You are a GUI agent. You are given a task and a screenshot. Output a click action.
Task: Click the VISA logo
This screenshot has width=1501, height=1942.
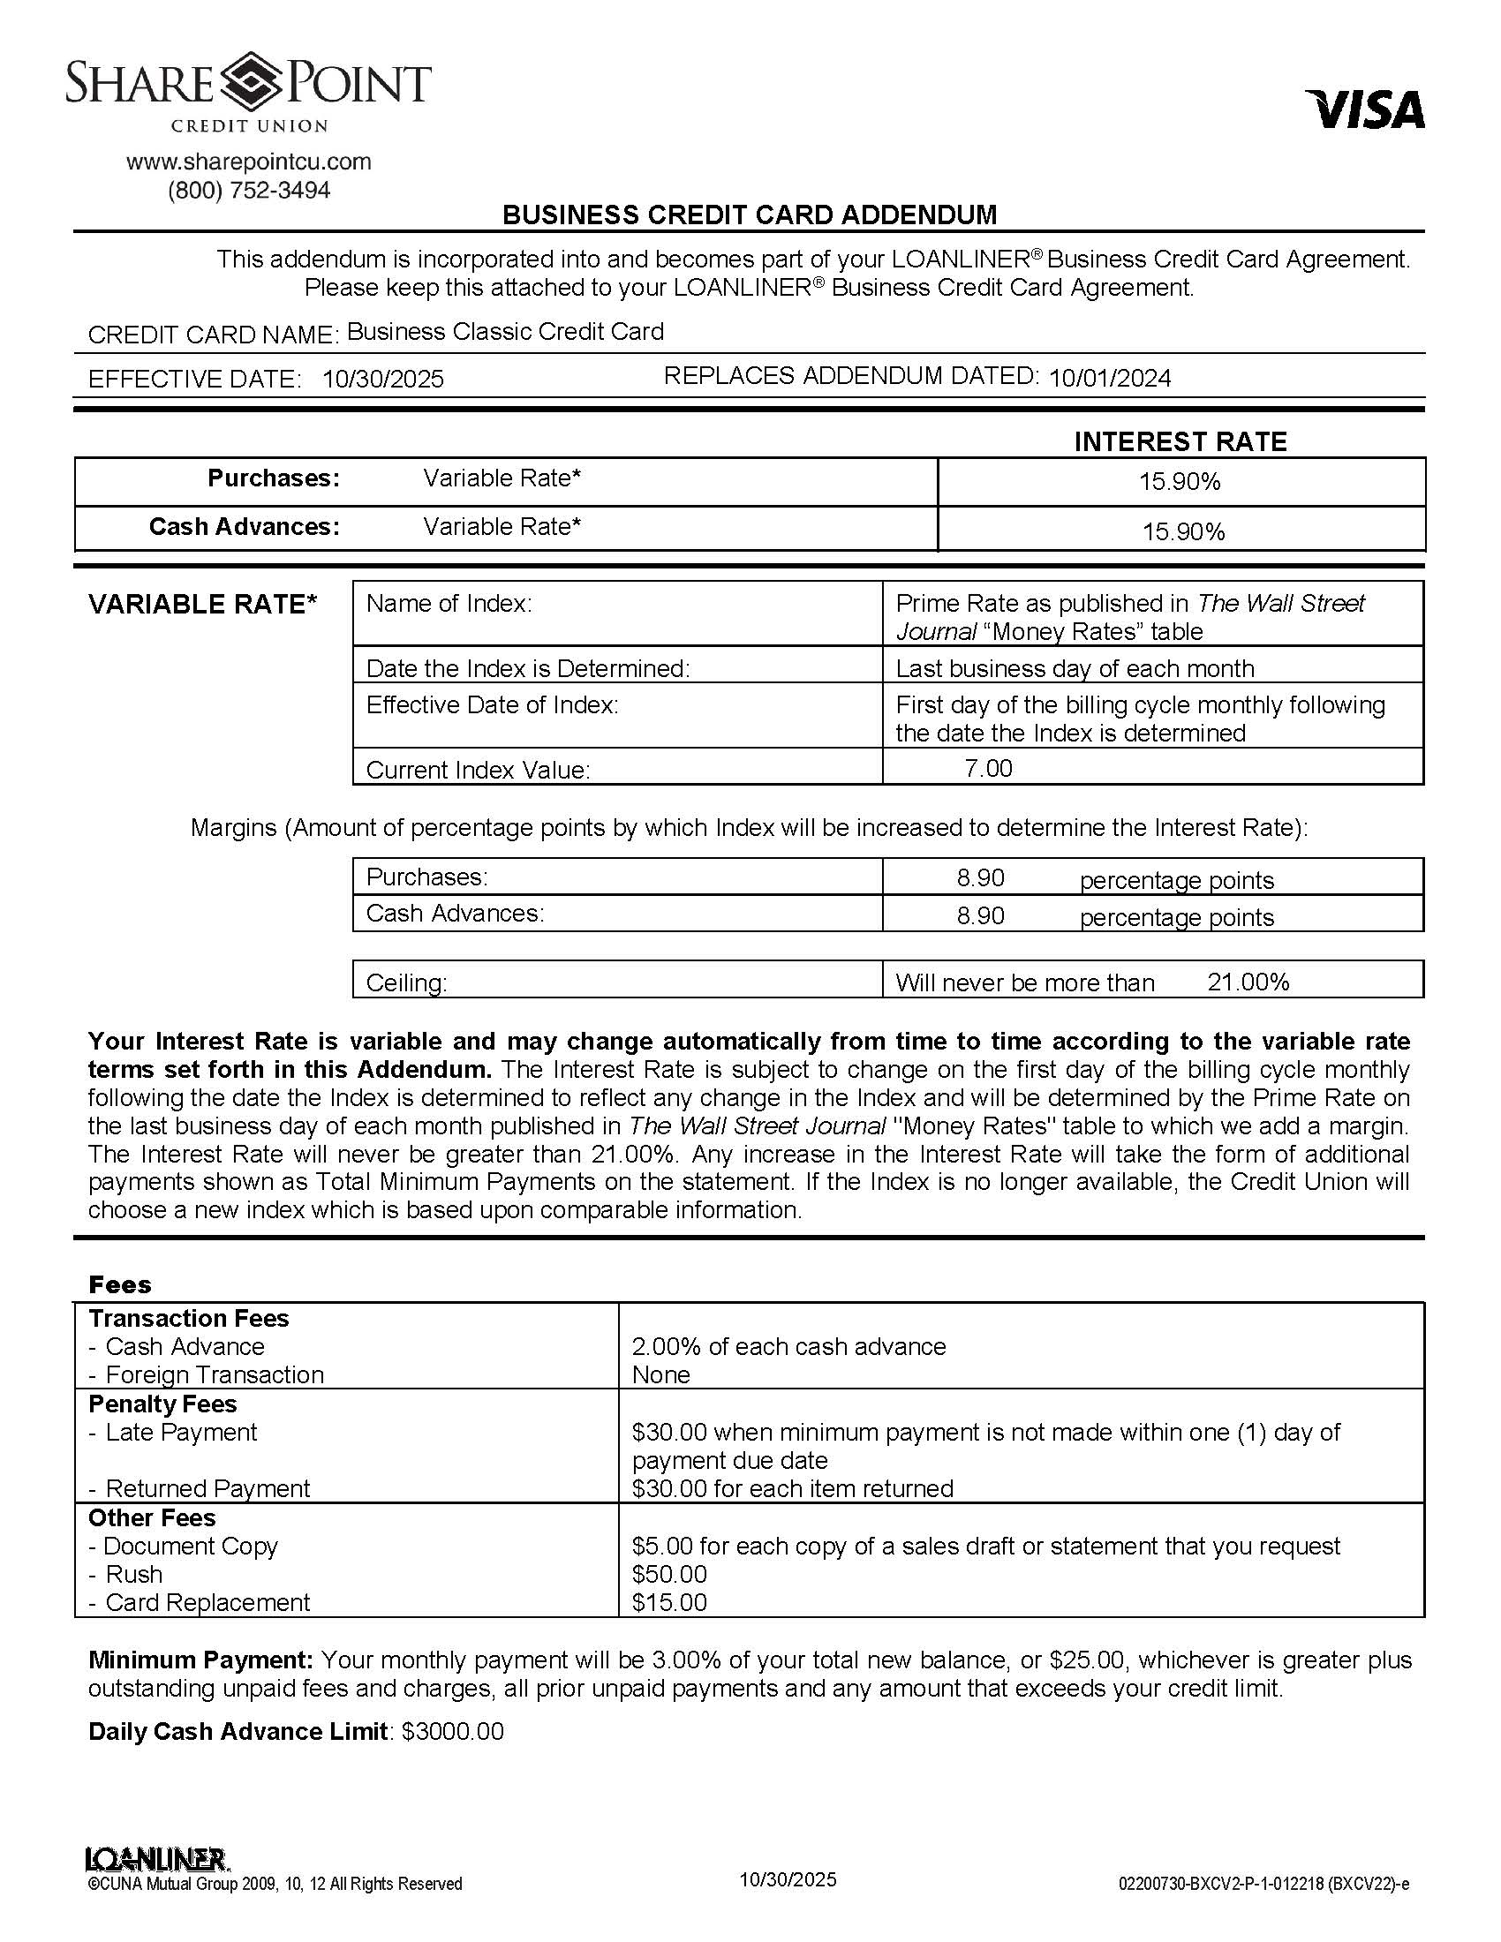[1364, 109]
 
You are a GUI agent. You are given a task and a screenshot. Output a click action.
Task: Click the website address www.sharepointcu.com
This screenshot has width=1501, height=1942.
[248, 162]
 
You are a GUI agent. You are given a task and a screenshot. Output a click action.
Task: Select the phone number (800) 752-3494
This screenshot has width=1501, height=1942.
[248, 191]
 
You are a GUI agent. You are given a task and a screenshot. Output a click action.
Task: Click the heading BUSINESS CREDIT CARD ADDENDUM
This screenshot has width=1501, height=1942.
[750, 215]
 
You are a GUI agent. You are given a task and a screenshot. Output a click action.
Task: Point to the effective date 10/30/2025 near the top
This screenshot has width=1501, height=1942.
[382, 380]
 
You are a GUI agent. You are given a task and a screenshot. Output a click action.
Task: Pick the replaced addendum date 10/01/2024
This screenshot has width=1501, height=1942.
[1109, 379]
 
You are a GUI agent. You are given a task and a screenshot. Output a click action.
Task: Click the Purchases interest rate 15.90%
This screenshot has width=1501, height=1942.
[1179, 482]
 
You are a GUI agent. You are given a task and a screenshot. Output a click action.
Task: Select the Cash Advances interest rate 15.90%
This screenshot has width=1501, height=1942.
[1182, 531]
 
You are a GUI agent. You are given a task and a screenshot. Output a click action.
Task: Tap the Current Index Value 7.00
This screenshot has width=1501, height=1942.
[988, 768]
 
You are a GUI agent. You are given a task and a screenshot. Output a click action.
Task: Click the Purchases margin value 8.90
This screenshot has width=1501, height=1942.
[980, 878]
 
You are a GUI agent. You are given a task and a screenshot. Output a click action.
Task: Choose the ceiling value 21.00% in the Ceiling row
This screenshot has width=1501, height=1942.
[1248, 982]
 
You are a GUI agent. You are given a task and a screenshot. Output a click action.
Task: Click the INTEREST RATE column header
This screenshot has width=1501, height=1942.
[1180, 442]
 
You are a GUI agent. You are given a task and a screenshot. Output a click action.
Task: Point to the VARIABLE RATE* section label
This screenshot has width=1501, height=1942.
[202, 605]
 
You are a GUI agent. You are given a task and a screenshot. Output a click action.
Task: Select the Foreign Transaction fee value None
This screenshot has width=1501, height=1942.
[660, 1374]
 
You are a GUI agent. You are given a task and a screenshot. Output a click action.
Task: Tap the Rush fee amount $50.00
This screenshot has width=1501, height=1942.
[668, 1574]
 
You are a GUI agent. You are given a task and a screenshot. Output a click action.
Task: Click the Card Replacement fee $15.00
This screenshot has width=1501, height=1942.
[668, 1602]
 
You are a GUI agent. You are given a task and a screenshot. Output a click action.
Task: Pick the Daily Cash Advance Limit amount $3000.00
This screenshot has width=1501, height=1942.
[453, 1731]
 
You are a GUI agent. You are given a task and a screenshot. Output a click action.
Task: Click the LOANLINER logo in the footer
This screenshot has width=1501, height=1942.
[156, 1859]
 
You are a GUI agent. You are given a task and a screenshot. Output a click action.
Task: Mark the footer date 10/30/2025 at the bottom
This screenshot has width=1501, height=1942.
[787, 1879]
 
